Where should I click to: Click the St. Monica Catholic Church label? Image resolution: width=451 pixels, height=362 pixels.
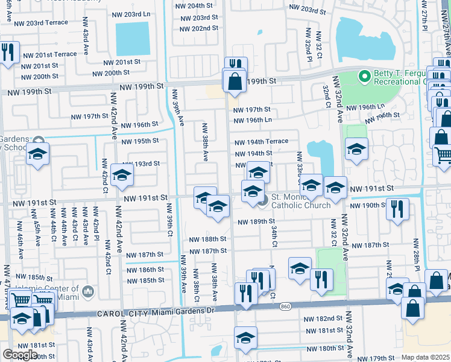point(301,201)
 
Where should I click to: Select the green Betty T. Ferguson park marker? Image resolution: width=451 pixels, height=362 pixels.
point(364,77)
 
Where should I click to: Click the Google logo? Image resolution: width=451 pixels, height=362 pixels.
point(20,354)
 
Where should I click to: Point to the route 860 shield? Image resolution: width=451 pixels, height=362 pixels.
point(286,307)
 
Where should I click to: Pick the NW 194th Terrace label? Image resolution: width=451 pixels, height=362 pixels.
point(261,142)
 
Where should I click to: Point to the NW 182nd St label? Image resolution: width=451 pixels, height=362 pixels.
point(324,319)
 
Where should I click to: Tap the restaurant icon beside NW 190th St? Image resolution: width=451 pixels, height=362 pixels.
point(397,209)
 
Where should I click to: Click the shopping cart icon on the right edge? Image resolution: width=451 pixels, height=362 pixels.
point(442,155)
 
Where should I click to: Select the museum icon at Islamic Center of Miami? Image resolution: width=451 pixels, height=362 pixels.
point(88,293)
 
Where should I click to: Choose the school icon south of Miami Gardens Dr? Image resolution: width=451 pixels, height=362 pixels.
point(245,338)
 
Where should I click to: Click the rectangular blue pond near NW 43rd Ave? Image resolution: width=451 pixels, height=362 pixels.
point(132,39)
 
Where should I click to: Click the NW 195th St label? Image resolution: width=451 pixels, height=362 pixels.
point(140,141)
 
